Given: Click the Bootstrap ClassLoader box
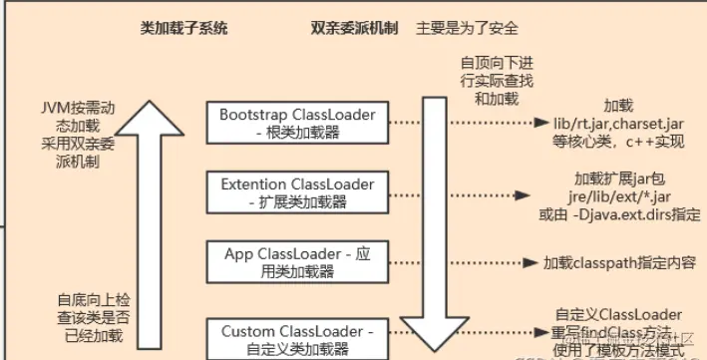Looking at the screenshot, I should click(x=296, y=123).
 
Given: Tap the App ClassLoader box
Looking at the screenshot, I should click(x=296, y=262).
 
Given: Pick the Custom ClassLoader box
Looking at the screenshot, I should click(x=296, y=338).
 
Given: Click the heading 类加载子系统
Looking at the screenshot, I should click(x=184, y=29).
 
